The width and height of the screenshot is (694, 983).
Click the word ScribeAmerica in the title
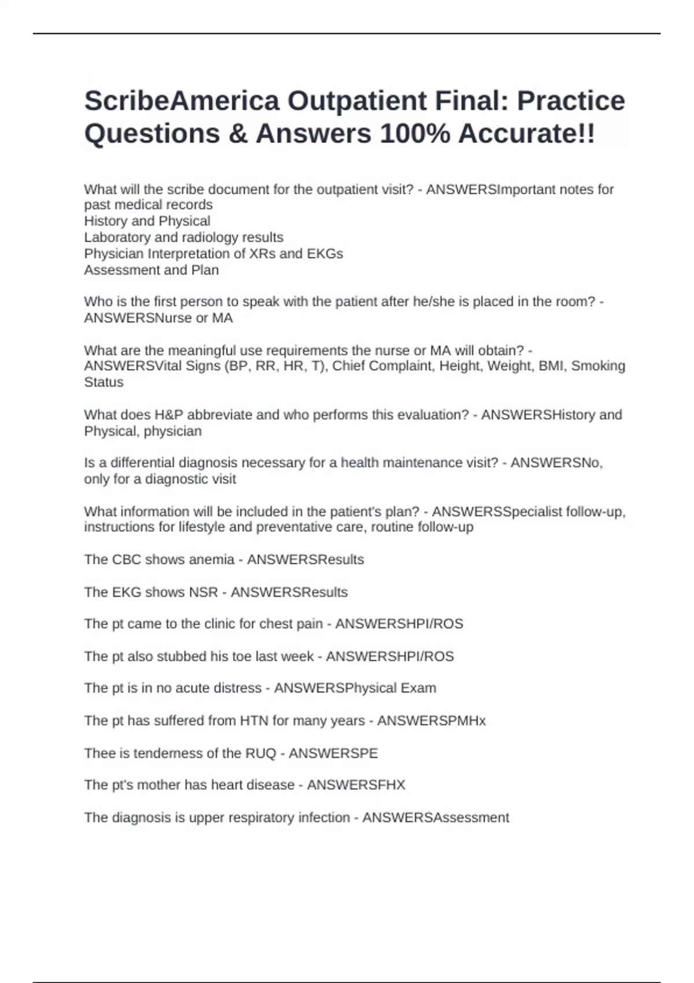tap(182, 101)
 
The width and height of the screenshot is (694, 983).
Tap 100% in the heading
tap(415, 134)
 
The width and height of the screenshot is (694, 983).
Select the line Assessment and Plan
tap(152, 270)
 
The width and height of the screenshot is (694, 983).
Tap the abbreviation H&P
tap(168, 415)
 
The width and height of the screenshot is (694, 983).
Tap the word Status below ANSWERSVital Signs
tap(104, 382)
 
